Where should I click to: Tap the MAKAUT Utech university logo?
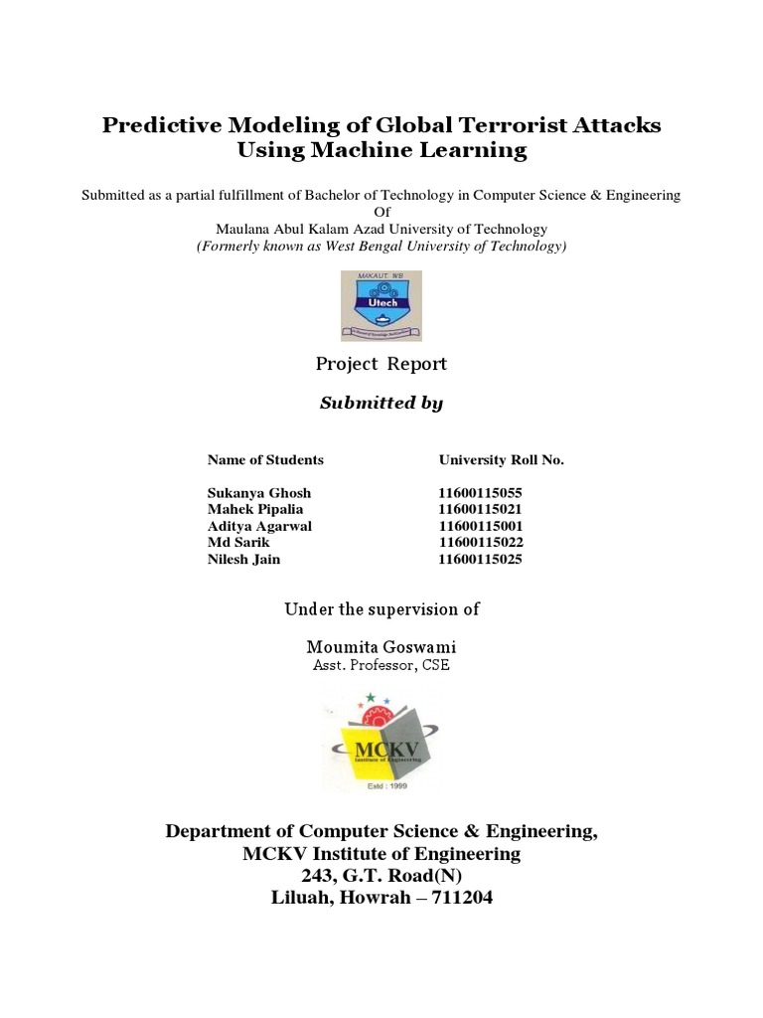[x=381, y=305]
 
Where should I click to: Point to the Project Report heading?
[x=381, y=364]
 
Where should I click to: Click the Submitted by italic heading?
[x=381, y=403]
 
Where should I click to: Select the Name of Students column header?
[x=265, y=460]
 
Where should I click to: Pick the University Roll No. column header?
[x=502, y=460]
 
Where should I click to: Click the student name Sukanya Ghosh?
[x=259, y=493]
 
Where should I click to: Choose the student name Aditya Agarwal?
[x=259, y=526]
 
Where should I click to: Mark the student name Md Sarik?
[x=238, y=543]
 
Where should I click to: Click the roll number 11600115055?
[x=481, y=493]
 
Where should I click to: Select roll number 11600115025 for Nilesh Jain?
[x=481, y=560]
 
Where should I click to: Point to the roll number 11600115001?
[x=481, y=526]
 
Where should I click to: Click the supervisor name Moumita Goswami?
[x=381, y=647]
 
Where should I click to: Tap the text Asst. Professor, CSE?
[x=381, y=665]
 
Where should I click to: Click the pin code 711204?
[x=455, y=898]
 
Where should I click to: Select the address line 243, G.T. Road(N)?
[x=381, y=876]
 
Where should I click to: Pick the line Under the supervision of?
[x=381, y=609]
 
